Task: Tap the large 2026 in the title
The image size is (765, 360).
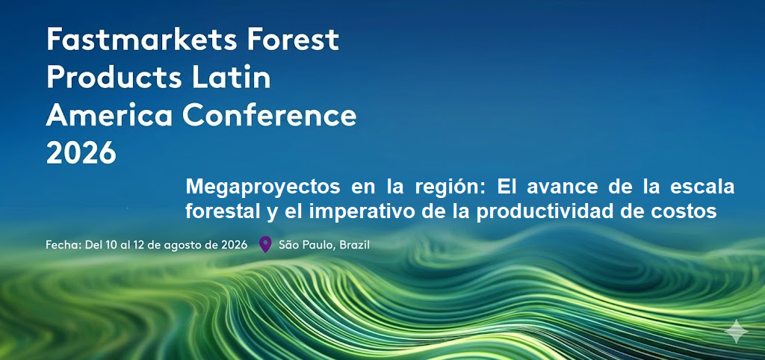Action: (81, 153)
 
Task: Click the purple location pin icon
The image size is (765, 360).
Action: (265, 243)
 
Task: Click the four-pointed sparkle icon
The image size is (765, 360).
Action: (736, 331)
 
